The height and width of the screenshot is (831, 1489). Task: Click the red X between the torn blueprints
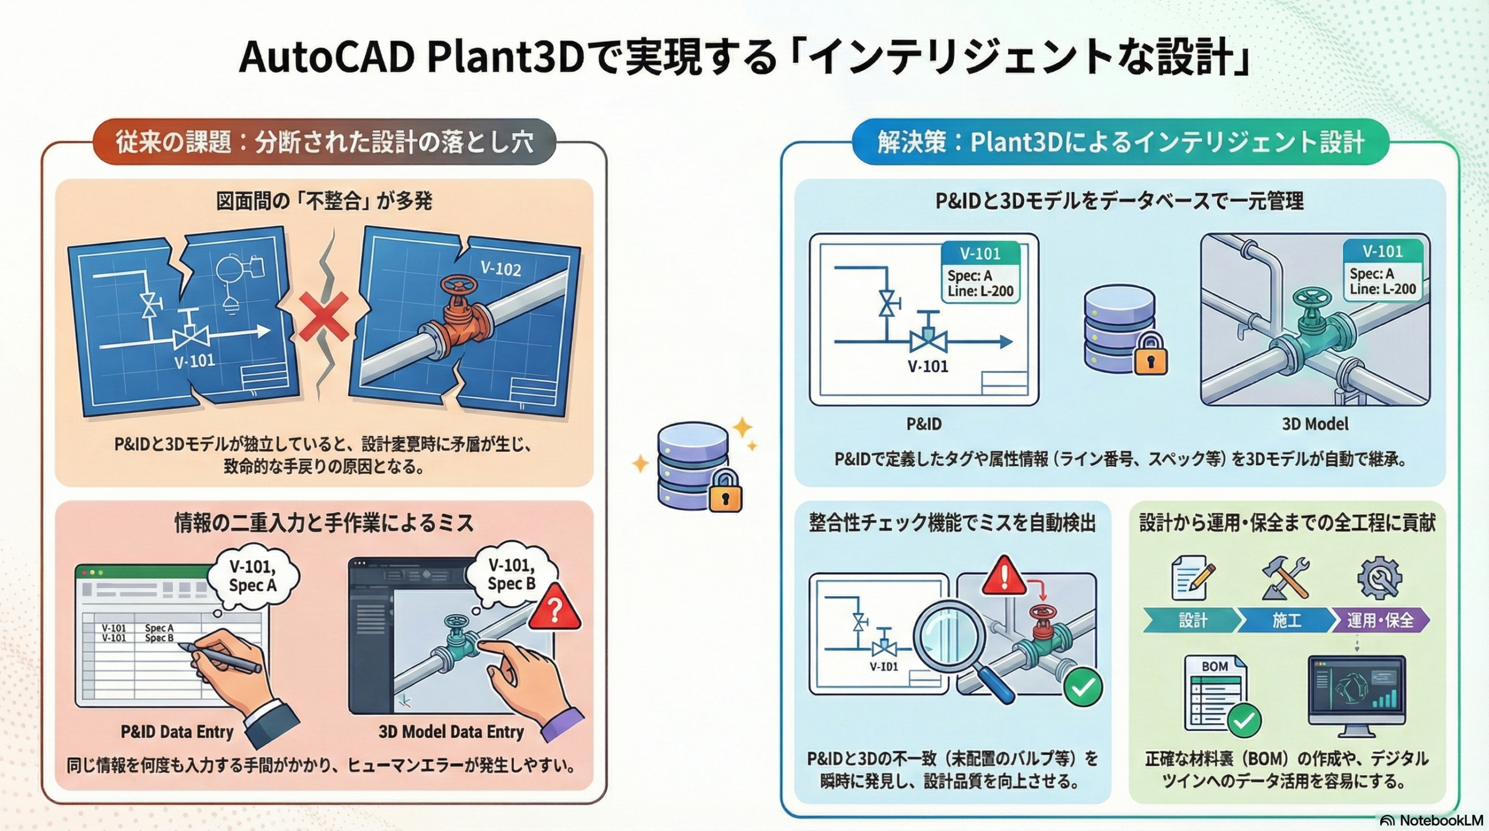[324, 316]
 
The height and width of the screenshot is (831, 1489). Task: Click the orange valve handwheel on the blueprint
[459, 286]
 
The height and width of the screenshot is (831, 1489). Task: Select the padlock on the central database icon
[725, 492]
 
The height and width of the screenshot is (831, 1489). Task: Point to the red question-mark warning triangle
[555, 608]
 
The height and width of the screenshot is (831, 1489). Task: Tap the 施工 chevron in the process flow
[1286, 620]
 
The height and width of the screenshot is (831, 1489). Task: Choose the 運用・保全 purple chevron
[1380, 620]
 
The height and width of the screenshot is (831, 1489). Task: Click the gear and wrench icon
[1379, 579]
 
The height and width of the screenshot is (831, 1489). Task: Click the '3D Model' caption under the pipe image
[1315, 424]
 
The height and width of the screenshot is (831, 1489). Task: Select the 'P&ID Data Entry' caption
[177, 732]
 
